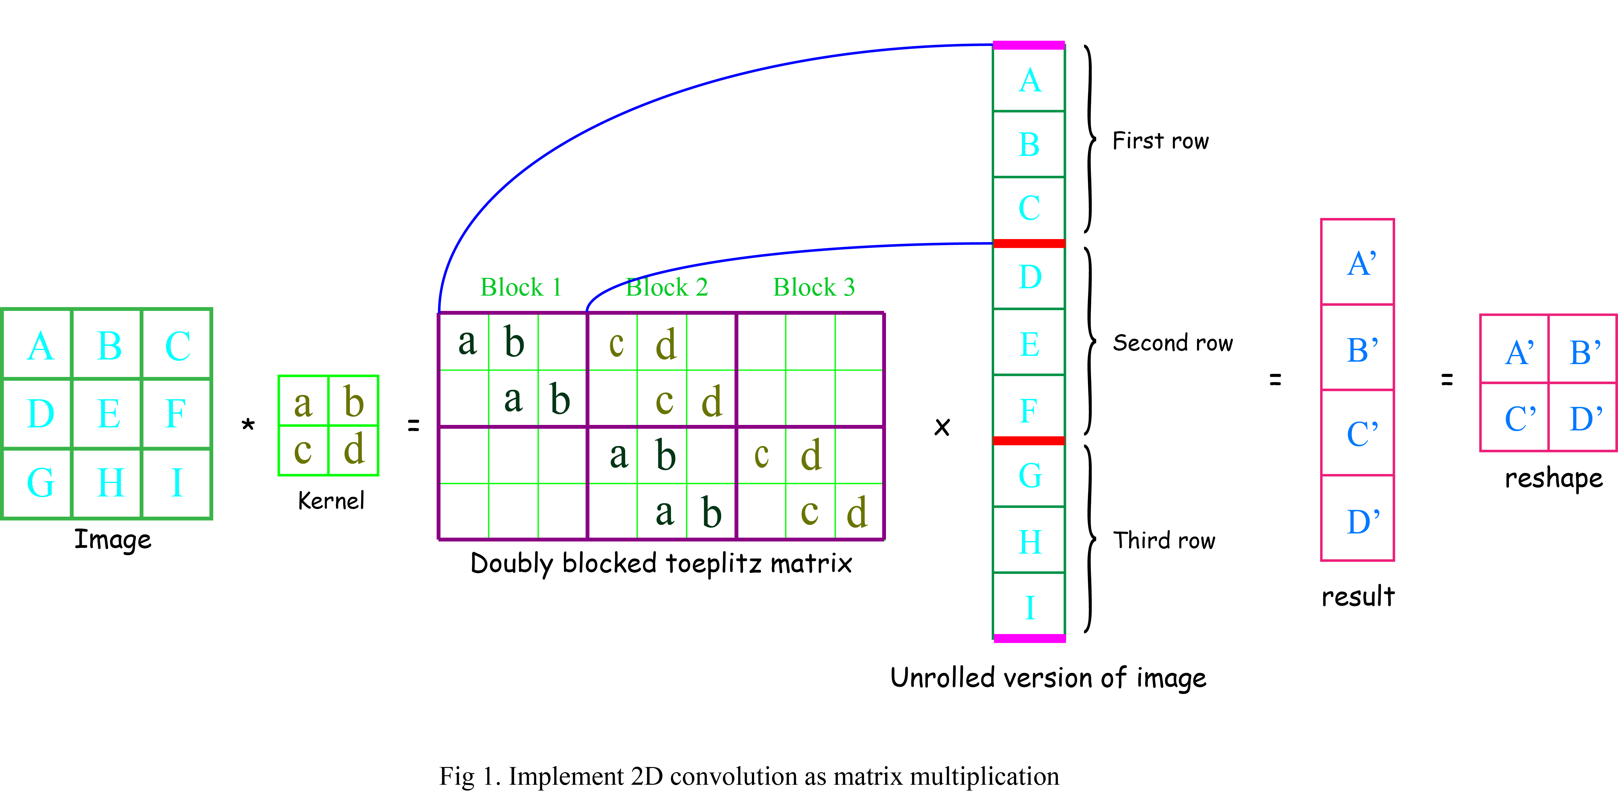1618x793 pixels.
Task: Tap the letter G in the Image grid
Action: click(40, 483)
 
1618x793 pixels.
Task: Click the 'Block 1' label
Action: click(521, 287)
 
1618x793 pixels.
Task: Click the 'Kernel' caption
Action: click(331, 501)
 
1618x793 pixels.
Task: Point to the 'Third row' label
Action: click(1164, 540)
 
